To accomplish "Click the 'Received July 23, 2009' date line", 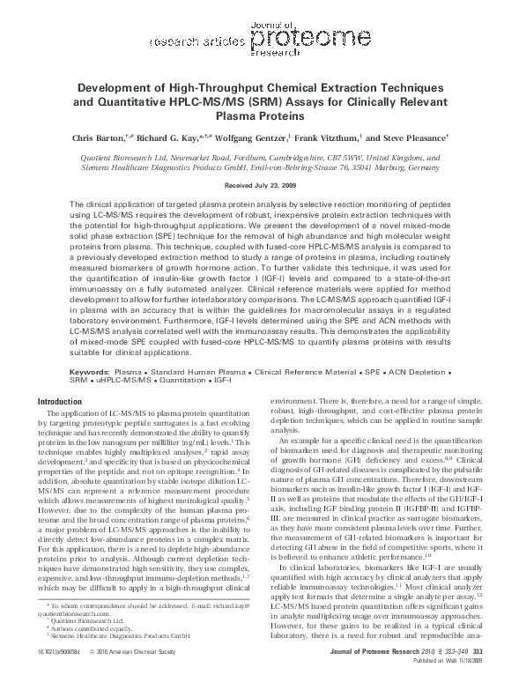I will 259,187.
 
